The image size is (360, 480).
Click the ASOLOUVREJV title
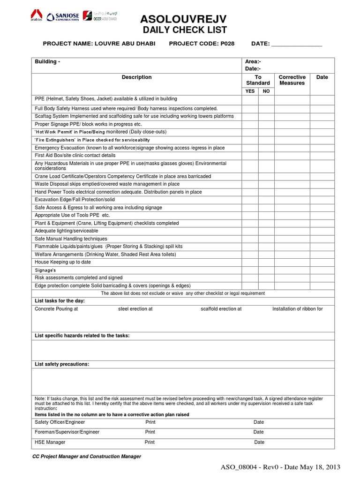point(184,19)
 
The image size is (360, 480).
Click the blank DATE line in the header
point(297,44)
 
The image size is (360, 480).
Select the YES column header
point(250,91)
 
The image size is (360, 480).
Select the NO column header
point(266,91)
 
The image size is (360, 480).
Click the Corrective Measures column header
point(292,80)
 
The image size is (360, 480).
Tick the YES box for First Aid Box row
point(250,155)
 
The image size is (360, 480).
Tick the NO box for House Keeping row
point(266,262)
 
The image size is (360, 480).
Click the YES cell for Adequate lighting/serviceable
point(250,231)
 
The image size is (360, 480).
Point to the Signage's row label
point(45,270)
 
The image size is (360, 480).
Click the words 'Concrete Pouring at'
point(56,309)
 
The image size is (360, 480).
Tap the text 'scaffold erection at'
point(221,309)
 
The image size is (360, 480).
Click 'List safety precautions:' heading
point(62,364)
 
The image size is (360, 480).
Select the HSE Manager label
point(50,442)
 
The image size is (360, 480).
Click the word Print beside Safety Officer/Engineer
point(150,422)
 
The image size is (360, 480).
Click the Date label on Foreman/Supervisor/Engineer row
point(259,432)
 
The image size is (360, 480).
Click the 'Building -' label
point(47,62)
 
